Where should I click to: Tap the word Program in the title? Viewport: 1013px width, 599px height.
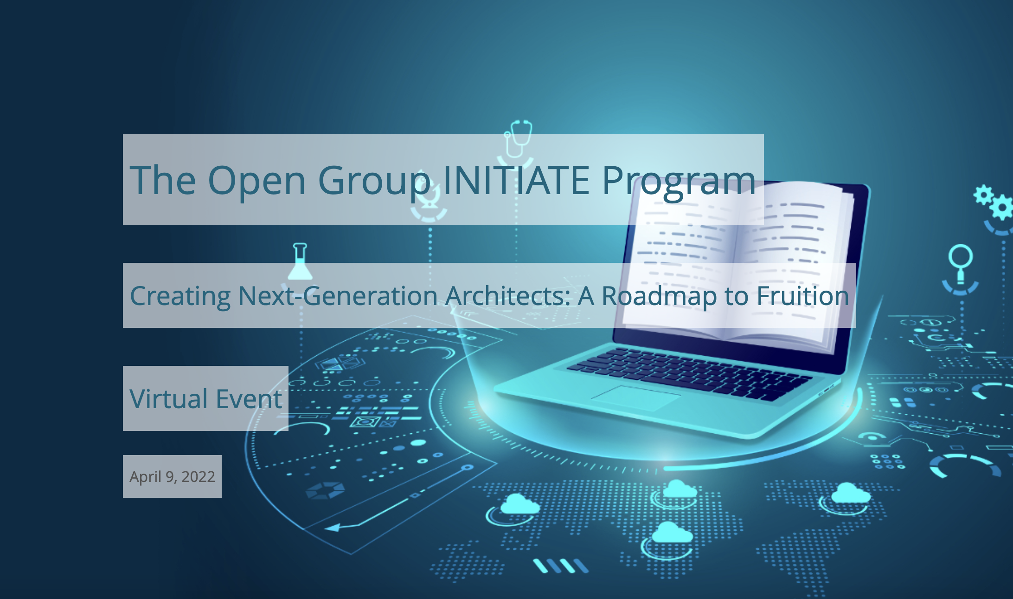coord(679,183)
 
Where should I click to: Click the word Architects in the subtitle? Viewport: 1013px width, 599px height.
coord(507,296)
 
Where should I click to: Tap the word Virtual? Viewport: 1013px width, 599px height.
coord(168,399)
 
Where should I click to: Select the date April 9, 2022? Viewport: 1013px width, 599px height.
coord(172,477)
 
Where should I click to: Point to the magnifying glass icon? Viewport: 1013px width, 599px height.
coord(960,262)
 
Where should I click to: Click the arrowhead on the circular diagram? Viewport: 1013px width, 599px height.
coord(333,527)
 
